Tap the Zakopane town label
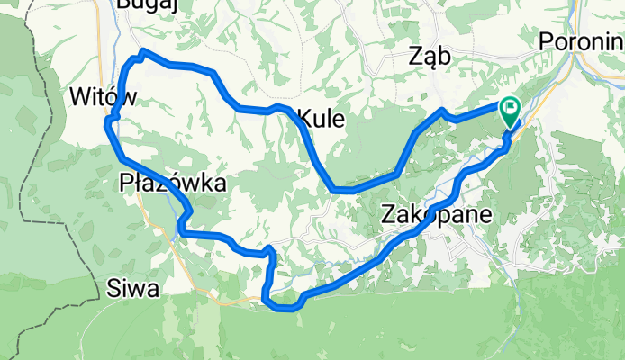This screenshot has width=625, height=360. click(437, 215)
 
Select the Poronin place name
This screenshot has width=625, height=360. click(582, 41)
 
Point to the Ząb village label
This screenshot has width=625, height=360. click(429, 57)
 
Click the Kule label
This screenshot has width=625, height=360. click(321, 118)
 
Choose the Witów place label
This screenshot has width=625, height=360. click(102, 96)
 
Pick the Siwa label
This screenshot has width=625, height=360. click(132, 289)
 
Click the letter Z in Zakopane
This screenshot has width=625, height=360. click(388, 215)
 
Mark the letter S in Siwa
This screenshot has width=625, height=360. click(112, 289)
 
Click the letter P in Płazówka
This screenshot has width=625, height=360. click(126, 184)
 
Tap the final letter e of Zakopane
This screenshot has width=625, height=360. click(485, 216)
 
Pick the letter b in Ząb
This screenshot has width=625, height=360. click(444, 57)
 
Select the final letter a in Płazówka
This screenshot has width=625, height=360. click(218, 184)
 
